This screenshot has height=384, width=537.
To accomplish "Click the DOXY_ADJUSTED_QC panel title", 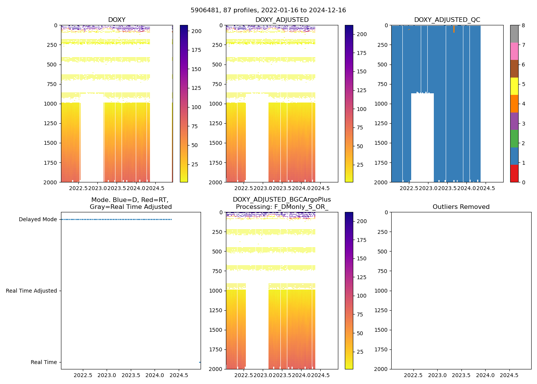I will (x=447, y=20).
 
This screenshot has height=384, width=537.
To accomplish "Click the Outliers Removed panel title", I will (x=461, y=207).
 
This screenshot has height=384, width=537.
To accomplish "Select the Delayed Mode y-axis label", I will (x=38, y=220).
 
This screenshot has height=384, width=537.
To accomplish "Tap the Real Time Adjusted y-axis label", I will (x=31, y=291).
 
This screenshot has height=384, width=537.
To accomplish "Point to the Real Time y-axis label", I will (x=44, y=362).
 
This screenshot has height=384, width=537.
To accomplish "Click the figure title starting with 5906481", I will (x=268, y=10).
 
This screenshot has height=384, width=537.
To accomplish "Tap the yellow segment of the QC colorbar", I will (x=514, y=86).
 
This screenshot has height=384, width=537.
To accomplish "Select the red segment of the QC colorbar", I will (x=514, y=174).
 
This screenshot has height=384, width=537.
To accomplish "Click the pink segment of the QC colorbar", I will (x=514, y=51).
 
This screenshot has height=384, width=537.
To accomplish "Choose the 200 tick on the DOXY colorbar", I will (x=196, y=31).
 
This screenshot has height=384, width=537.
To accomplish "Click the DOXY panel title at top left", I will (x=117, y=20).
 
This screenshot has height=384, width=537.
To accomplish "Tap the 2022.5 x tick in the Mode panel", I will (x=83, y=375).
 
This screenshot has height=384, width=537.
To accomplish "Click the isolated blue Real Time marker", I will (x=200, y=362).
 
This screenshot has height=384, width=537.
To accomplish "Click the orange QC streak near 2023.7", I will (x=454, y=29).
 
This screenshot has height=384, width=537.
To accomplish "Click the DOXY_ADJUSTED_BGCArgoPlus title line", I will (x=282, y=200).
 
